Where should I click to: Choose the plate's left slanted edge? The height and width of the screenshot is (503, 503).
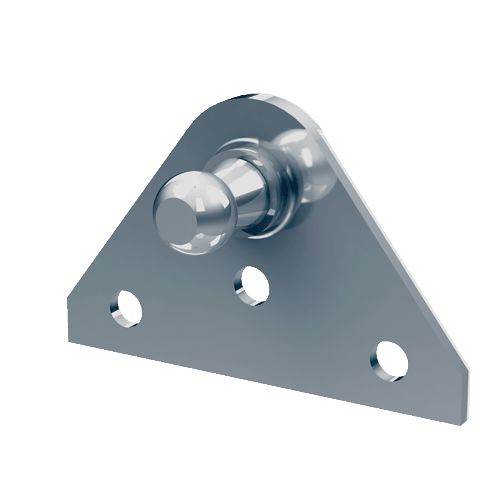[130, 204]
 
